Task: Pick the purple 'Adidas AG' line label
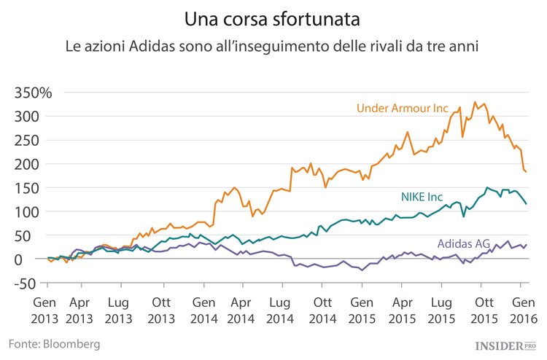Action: [x=464, y=243]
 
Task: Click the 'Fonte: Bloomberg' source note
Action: [x=54, y=343]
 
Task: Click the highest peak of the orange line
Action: [x=476, y=102]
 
